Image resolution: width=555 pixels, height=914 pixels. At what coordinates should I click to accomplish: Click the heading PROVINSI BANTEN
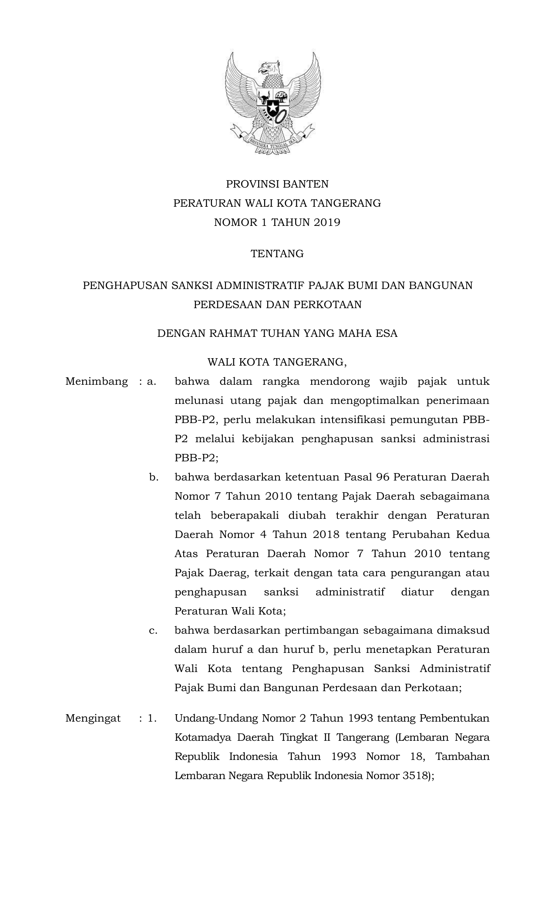277,184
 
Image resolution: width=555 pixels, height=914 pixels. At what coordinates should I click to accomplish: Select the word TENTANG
277,254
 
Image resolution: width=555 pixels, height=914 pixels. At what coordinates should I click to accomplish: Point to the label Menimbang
97,382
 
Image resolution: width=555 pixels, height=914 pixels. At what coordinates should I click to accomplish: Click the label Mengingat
93,718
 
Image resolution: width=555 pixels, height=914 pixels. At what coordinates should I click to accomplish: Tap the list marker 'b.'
153,477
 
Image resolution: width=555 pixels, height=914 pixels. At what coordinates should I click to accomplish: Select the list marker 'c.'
153,630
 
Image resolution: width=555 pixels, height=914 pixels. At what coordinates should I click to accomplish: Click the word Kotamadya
201,737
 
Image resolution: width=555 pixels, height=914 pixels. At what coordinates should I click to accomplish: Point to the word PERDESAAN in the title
228,304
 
